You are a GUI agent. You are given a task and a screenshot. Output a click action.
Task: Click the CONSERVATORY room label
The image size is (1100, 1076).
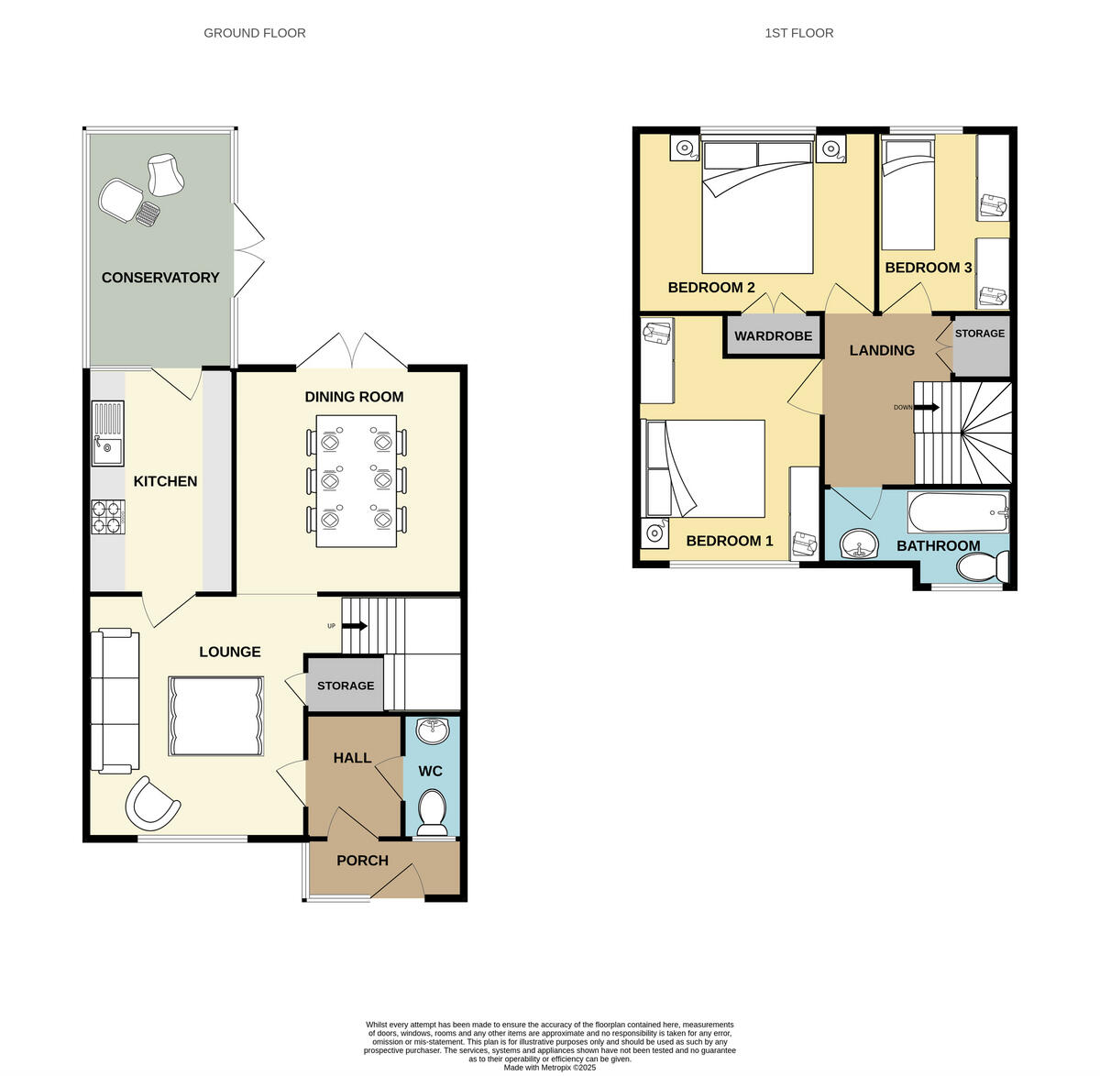160,278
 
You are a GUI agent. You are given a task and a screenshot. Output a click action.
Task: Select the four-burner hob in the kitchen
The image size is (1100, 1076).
106,516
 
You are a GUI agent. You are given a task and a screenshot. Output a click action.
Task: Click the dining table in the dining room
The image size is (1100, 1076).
357,480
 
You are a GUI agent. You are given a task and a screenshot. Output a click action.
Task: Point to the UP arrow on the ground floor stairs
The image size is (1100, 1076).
356,626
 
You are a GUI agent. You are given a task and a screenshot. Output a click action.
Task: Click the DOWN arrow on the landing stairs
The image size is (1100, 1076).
927,407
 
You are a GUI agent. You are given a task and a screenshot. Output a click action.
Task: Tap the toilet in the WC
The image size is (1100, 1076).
432,809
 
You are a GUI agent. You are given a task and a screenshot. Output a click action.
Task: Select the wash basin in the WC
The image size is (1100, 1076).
432,730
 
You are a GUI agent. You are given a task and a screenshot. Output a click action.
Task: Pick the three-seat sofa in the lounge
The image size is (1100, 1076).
115,700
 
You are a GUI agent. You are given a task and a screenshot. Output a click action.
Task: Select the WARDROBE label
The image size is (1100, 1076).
773,336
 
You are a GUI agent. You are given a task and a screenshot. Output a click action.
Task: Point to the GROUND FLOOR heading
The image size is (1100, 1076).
255,33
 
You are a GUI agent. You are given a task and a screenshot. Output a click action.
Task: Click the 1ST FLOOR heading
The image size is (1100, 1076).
799,33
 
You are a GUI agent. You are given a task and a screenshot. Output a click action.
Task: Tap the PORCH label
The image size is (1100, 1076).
362,861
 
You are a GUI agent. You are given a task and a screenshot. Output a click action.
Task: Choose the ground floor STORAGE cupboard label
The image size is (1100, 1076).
346,686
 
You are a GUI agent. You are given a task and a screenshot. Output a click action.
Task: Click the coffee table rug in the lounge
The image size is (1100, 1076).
216,716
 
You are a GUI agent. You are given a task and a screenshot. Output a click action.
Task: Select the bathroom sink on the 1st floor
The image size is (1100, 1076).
860,544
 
